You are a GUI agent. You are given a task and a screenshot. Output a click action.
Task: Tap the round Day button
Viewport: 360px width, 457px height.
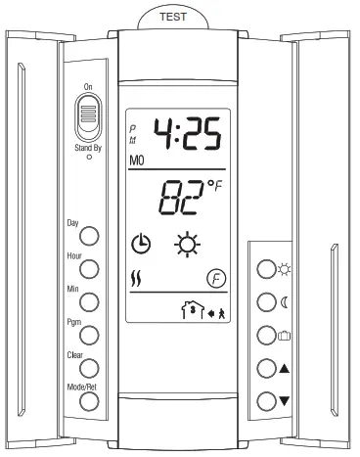89,236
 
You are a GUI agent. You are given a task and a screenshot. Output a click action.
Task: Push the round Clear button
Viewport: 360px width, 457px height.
89,368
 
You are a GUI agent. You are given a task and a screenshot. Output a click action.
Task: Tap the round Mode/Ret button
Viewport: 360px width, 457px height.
89,401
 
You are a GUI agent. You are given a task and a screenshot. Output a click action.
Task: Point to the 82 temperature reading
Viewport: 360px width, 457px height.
179,201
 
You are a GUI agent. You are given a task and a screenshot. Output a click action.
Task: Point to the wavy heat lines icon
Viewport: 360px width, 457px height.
138,279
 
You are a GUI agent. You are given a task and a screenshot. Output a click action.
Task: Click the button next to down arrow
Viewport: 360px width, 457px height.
265,399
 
